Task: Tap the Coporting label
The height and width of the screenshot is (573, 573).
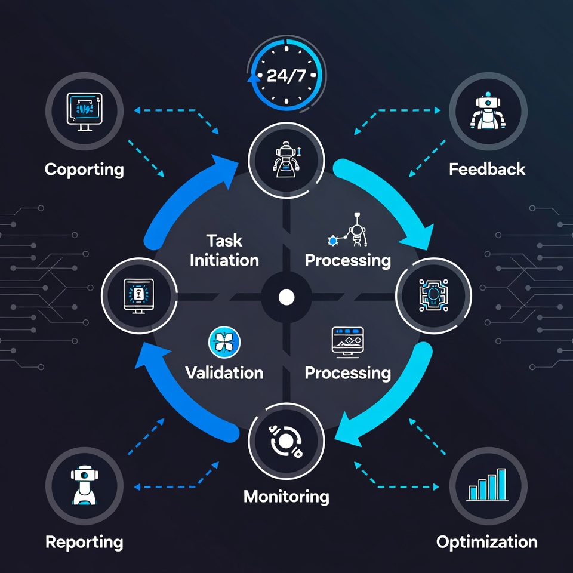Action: click(84, 169)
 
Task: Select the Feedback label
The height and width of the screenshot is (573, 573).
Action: click(487, 169)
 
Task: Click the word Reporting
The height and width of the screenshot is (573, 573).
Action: click(84, 542)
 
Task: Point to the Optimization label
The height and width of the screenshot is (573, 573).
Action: click(487, 542)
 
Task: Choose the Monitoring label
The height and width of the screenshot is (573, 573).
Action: click(286, 496)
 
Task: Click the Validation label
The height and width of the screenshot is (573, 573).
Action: click(224, 373)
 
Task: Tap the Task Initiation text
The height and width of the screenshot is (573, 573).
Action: click(224, 250)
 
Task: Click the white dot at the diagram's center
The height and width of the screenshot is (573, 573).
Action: click(286, 297)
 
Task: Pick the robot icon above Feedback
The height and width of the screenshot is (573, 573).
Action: click(488, 111)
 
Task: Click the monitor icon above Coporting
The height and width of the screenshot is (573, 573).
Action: click(84, 111)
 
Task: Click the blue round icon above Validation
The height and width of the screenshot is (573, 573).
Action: click(224, 342)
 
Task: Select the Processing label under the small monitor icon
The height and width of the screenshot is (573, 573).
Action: click(348, 373)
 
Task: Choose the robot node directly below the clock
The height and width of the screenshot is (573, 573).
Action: click(286, 158)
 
